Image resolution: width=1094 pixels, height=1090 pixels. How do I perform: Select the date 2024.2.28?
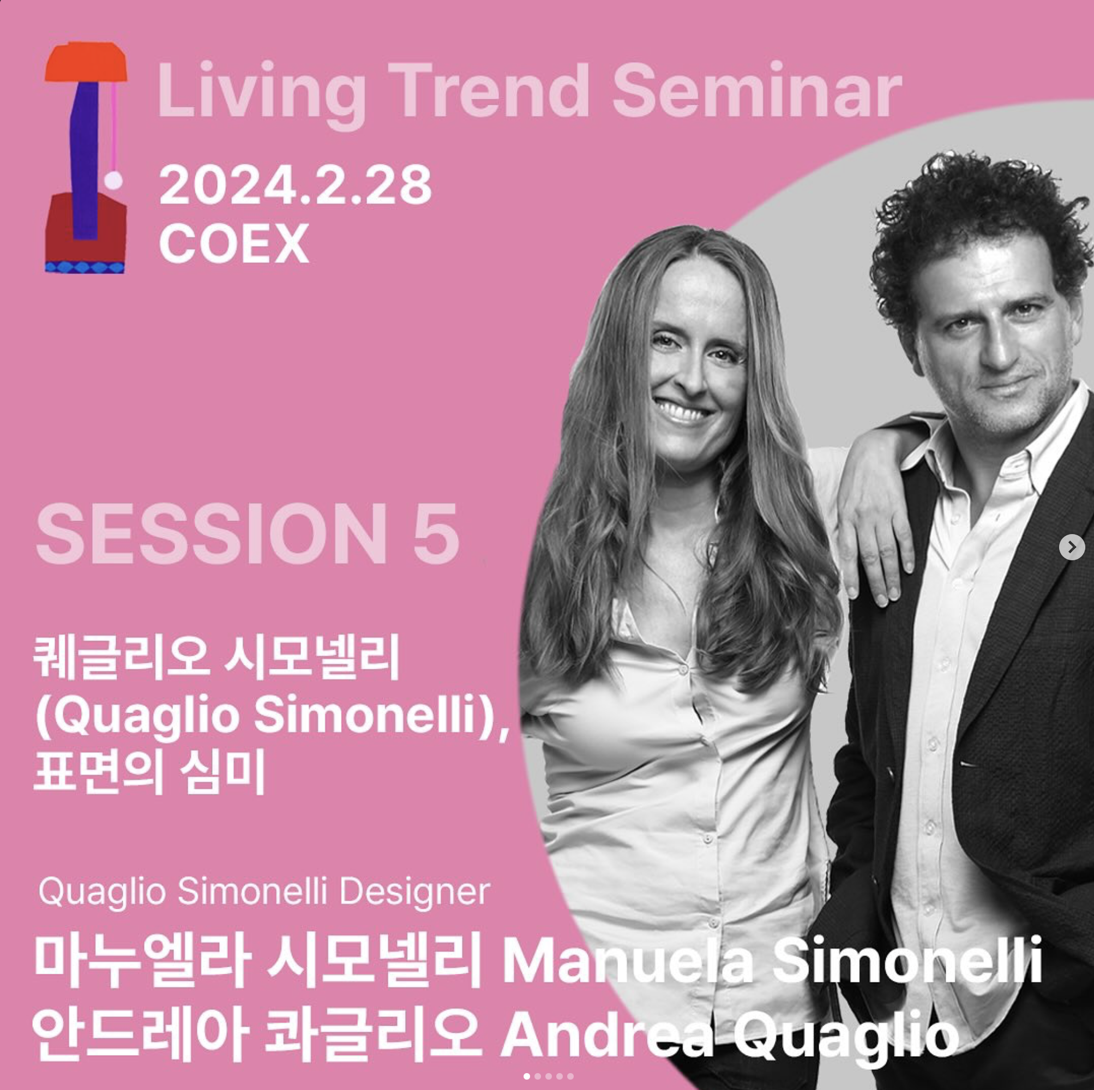click(295, 185)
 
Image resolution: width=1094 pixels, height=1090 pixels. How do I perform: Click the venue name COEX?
click(234, 243)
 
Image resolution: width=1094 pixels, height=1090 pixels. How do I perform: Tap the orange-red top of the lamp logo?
click(86, 62)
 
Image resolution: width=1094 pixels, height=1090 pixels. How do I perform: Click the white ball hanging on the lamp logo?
click(114, 181)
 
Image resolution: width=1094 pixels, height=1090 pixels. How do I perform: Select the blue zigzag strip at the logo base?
click(85, 267)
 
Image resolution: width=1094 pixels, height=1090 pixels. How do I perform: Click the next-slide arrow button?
click(1071, 547)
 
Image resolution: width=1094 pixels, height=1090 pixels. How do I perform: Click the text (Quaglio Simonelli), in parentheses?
click(272, 716)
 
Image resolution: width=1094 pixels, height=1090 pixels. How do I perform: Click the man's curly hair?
click(974, 215)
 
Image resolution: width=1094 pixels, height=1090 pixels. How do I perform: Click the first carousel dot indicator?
click(527, 1076)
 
